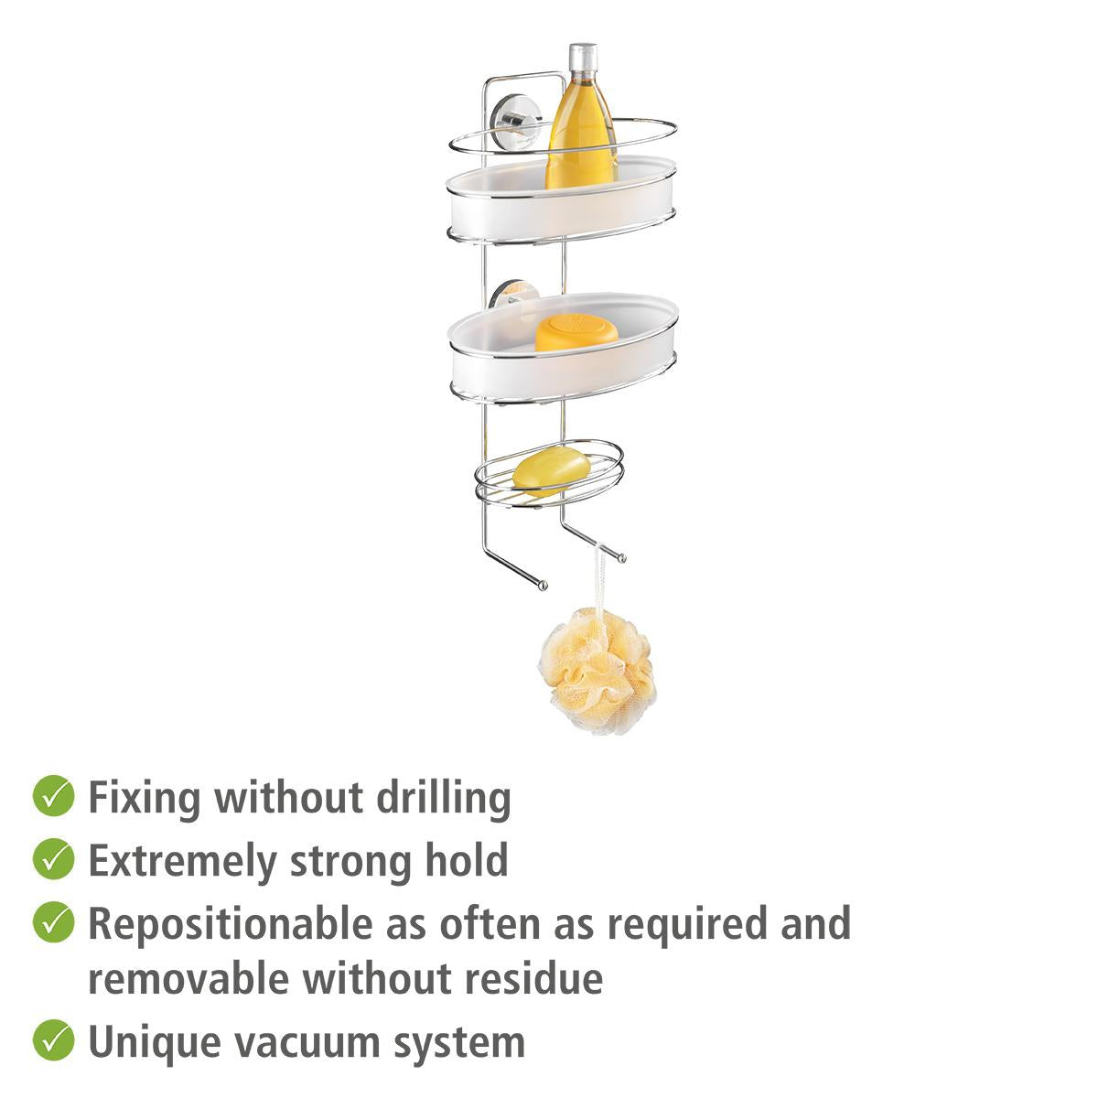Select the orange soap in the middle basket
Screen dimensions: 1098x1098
point(576,334)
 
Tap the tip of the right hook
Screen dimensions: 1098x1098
point(622,558)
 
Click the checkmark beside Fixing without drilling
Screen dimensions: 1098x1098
point(54,797)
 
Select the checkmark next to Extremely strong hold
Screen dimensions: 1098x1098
point(54,860)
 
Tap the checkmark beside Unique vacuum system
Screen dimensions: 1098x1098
point(54,1040)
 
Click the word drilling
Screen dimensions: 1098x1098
point(444,799)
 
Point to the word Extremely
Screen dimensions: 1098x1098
point(182,862)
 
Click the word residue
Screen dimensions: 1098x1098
point(533,978)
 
